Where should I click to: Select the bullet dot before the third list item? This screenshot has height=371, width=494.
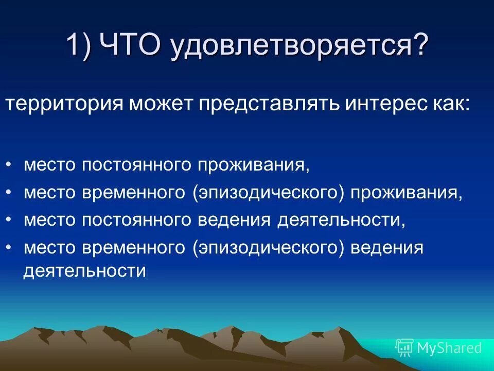tap(10, 220)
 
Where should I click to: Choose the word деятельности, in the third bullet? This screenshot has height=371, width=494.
tap(341, 221)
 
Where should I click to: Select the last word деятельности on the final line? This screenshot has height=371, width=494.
tap(85, 271)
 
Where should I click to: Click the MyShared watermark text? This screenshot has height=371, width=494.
tap(449, 348)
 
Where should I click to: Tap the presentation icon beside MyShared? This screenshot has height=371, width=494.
tap(404, 348)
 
